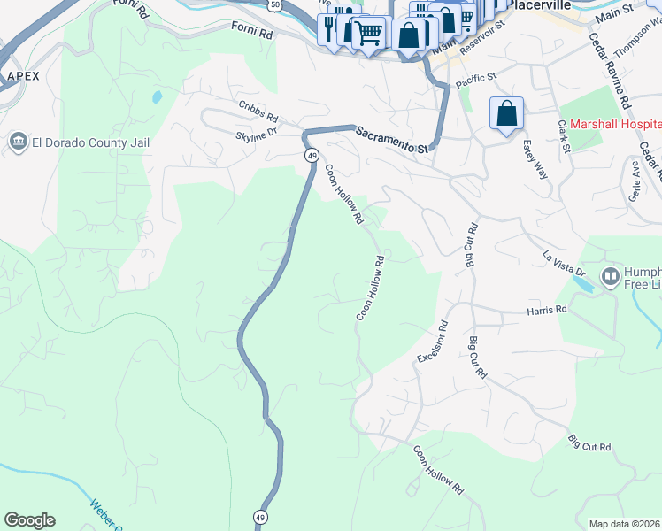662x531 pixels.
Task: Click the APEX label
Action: [x=23, y=76]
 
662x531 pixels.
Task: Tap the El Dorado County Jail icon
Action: [x=18, y=142]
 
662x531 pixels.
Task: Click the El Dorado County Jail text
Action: [x=91, y=142]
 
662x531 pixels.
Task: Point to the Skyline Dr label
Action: [x=257, y=135]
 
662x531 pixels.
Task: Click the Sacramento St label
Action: [x=392, y=140]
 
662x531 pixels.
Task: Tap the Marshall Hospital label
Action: [x=615, y=125]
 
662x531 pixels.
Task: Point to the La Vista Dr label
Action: [x=564, y=262]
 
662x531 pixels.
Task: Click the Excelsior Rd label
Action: [x=433, y=341]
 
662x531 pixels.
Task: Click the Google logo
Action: [x=29, y=520]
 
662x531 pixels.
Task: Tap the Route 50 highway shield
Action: [x=276, y=4]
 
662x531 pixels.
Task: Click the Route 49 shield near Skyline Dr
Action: [x=312, y=155]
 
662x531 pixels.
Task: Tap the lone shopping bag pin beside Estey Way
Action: [x=506, y=114]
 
